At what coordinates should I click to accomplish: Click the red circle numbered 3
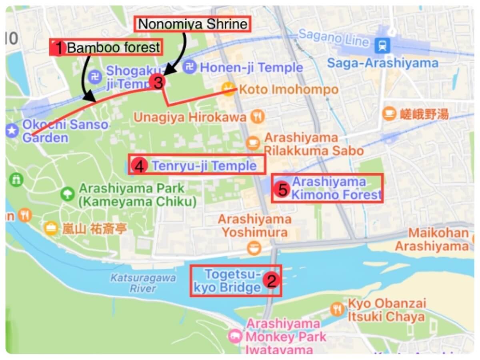pos(157,82)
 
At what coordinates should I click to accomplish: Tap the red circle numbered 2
pos(271,281)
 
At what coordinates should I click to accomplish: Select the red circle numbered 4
pos(139,166)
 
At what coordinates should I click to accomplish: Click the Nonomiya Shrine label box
pos(193,24)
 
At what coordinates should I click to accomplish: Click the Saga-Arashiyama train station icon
pos(382,45)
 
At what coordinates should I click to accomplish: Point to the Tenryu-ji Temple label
pos(204,166)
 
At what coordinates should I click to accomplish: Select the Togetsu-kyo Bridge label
pos(232,281)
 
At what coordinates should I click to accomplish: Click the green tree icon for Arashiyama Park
pos(68,194)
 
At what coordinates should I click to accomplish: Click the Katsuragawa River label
pos(143,282)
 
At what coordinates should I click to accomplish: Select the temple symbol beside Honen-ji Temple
pos(189,67)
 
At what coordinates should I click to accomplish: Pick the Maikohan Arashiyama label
pos(438,239)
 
